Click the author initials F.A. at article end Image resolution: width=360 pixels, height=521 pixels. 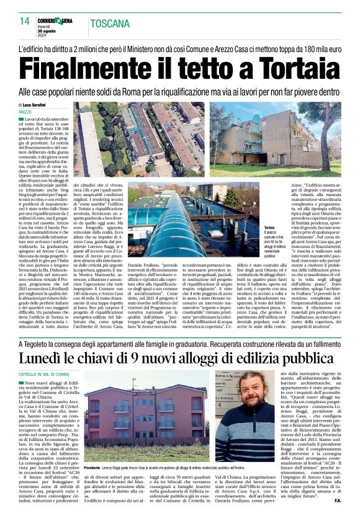point(335,515)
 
